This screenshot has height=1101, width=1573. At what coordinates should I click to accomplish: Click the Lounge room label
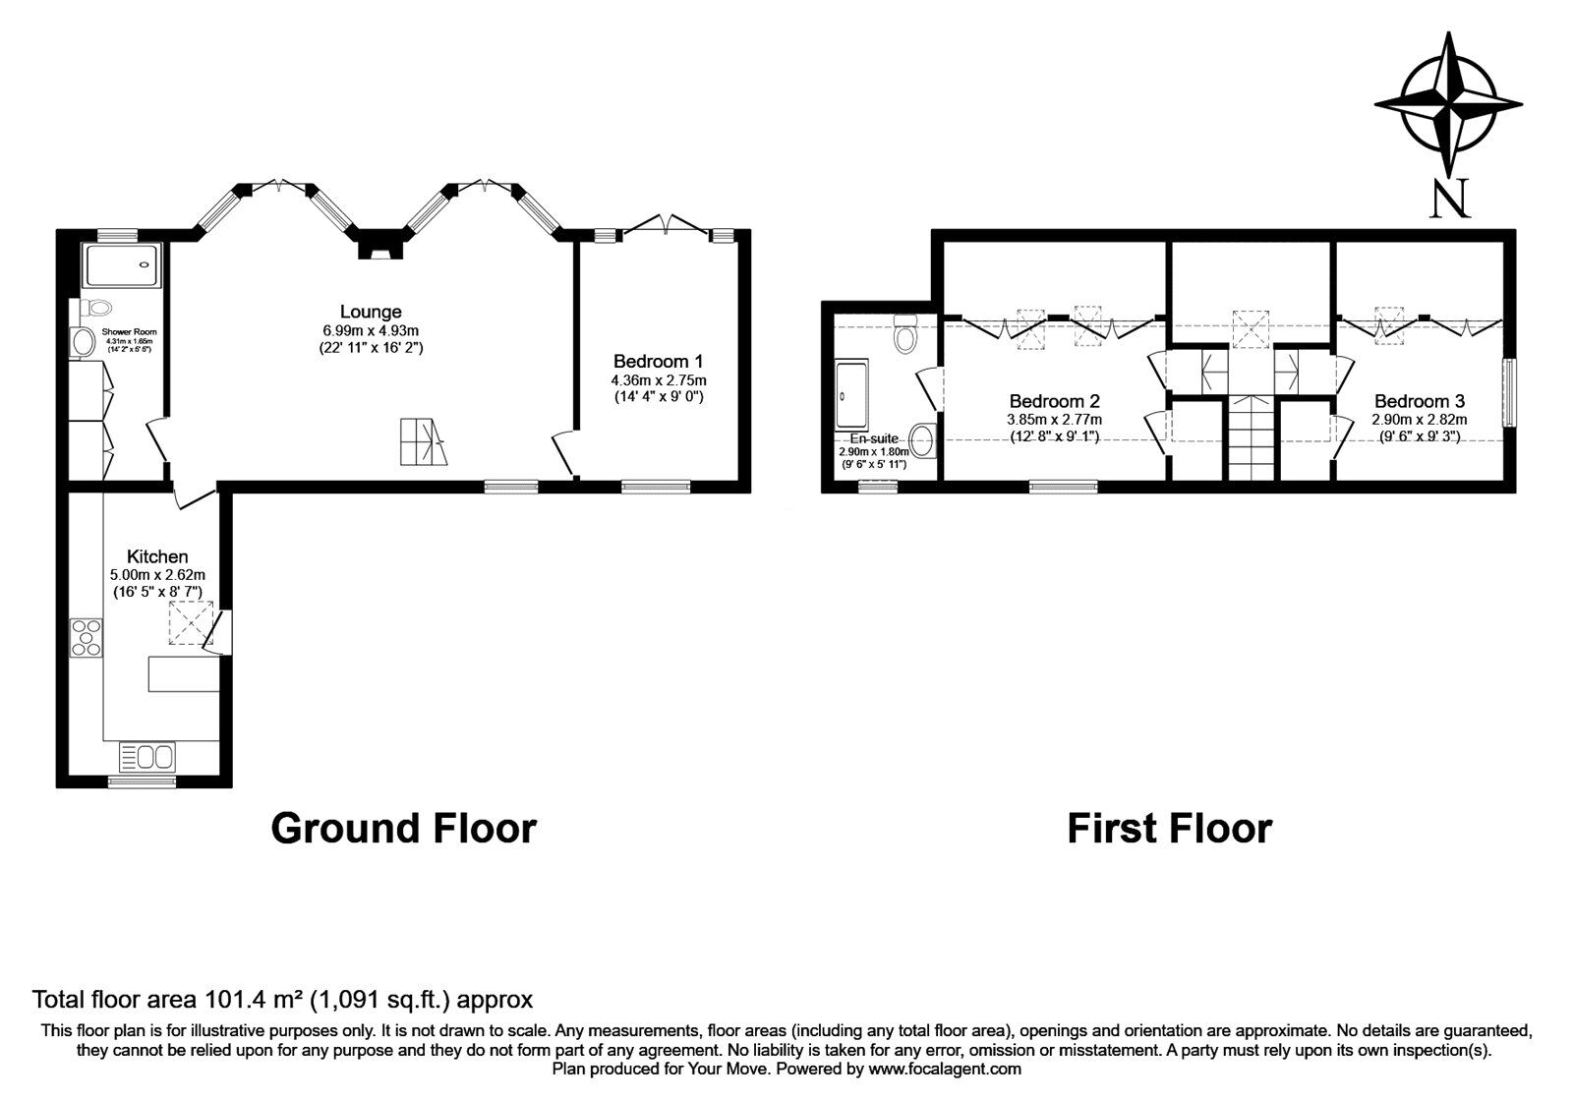click(371, 312)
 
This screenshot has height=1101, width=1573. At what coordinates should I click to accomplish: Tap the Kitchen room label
click(157, 556)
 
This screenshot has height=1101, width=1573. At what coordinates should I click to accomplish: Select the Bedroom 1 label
click(658, 361)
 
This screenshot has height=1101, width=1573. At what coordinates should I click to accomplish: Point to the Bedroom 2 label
click(1054, 401)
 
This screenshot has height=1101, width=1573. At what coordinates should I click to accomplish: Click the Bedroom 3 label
click(1419, 401)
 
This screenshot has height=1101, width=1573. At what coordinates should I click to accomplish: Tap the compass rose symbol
click(1448, 103)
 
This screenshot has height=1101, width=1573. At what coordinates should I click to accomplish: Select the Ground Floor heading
click(403, 828)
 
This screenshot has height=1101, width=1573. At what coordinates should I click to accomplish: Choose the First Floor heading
click(1169, 828)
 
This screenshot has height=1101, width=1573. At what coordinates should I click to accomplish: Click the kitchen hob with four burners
click(86, 636)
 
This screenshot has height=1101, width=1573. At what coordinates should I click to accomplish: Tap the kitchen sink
click(146, 757)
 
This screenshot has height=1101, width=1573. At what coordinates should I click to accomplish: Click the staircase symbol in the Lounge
click(423, 442)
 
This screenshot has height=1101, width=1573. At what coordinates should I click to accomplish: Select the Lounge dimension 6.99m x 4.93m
click(371, 330)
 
